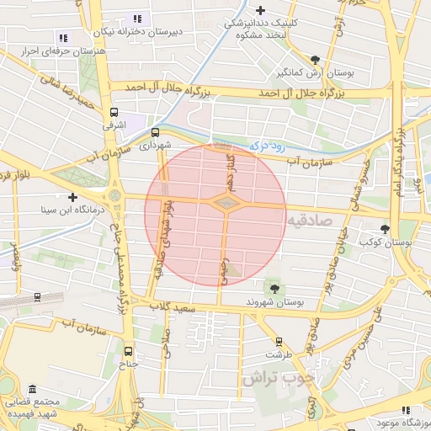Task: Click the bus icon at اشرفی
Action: [x=114, y=112]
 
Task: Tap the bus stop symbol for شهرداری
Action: [x=155, y=132]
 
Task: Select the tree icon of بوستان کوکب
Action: [x=386, y=228]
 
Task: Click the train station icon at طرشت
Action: [x=279, y=342]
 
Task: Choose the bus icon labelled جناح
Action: [x=129, y=352]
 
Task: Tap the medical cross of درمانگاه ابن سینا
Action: [x=73, y=197]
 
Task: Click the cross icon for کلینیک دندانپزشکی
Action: [x=260, y=11]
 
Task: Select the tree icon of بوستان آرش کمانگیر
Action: [x=315, y=60]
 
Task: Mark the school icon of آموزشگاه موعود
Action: [x=406, y=409]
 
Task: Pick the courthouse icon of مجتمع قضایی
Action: [x=32, y=390]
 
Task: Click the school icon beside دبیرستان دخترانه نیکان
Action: [x=137, y=19]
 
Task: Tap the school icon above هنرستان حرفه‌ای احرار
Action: [x=63, y=38]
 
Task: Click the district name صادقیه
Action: [x=310, y=220]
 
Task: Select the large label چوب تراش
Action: [x=272, y=378]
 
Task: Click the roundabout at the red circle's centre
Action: [x=225, y=203]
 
